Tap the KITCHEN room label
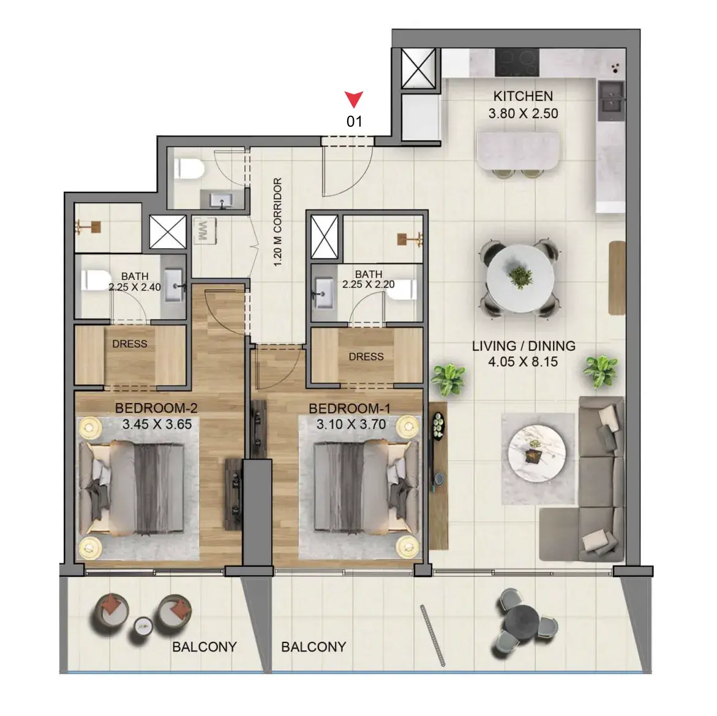[x=523, y=96]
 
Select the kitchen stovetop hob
[x=517, y=62]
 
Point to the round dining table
[x=520, y=278]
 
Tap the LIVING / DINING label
[x=524, y=346]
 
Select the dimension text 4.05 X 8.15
[x=523, y=362]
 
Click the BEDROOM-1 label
[x=350, y=408]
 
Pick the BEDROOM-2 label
[x=156, y=408]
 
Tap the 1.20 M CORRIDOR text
[x=277, y=222]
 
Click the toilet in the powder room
[x=189, y=168]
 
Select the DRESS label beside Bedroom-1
[x=366, y=356]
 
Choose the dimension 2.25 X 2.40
[x=135, y=287]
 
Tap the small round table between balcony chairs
[x=143, y=625]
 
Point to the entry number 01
[x=355, y=122]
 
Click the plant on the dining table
[x=520, y=276]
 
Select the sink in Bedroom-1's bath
[x=324, y=288]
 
